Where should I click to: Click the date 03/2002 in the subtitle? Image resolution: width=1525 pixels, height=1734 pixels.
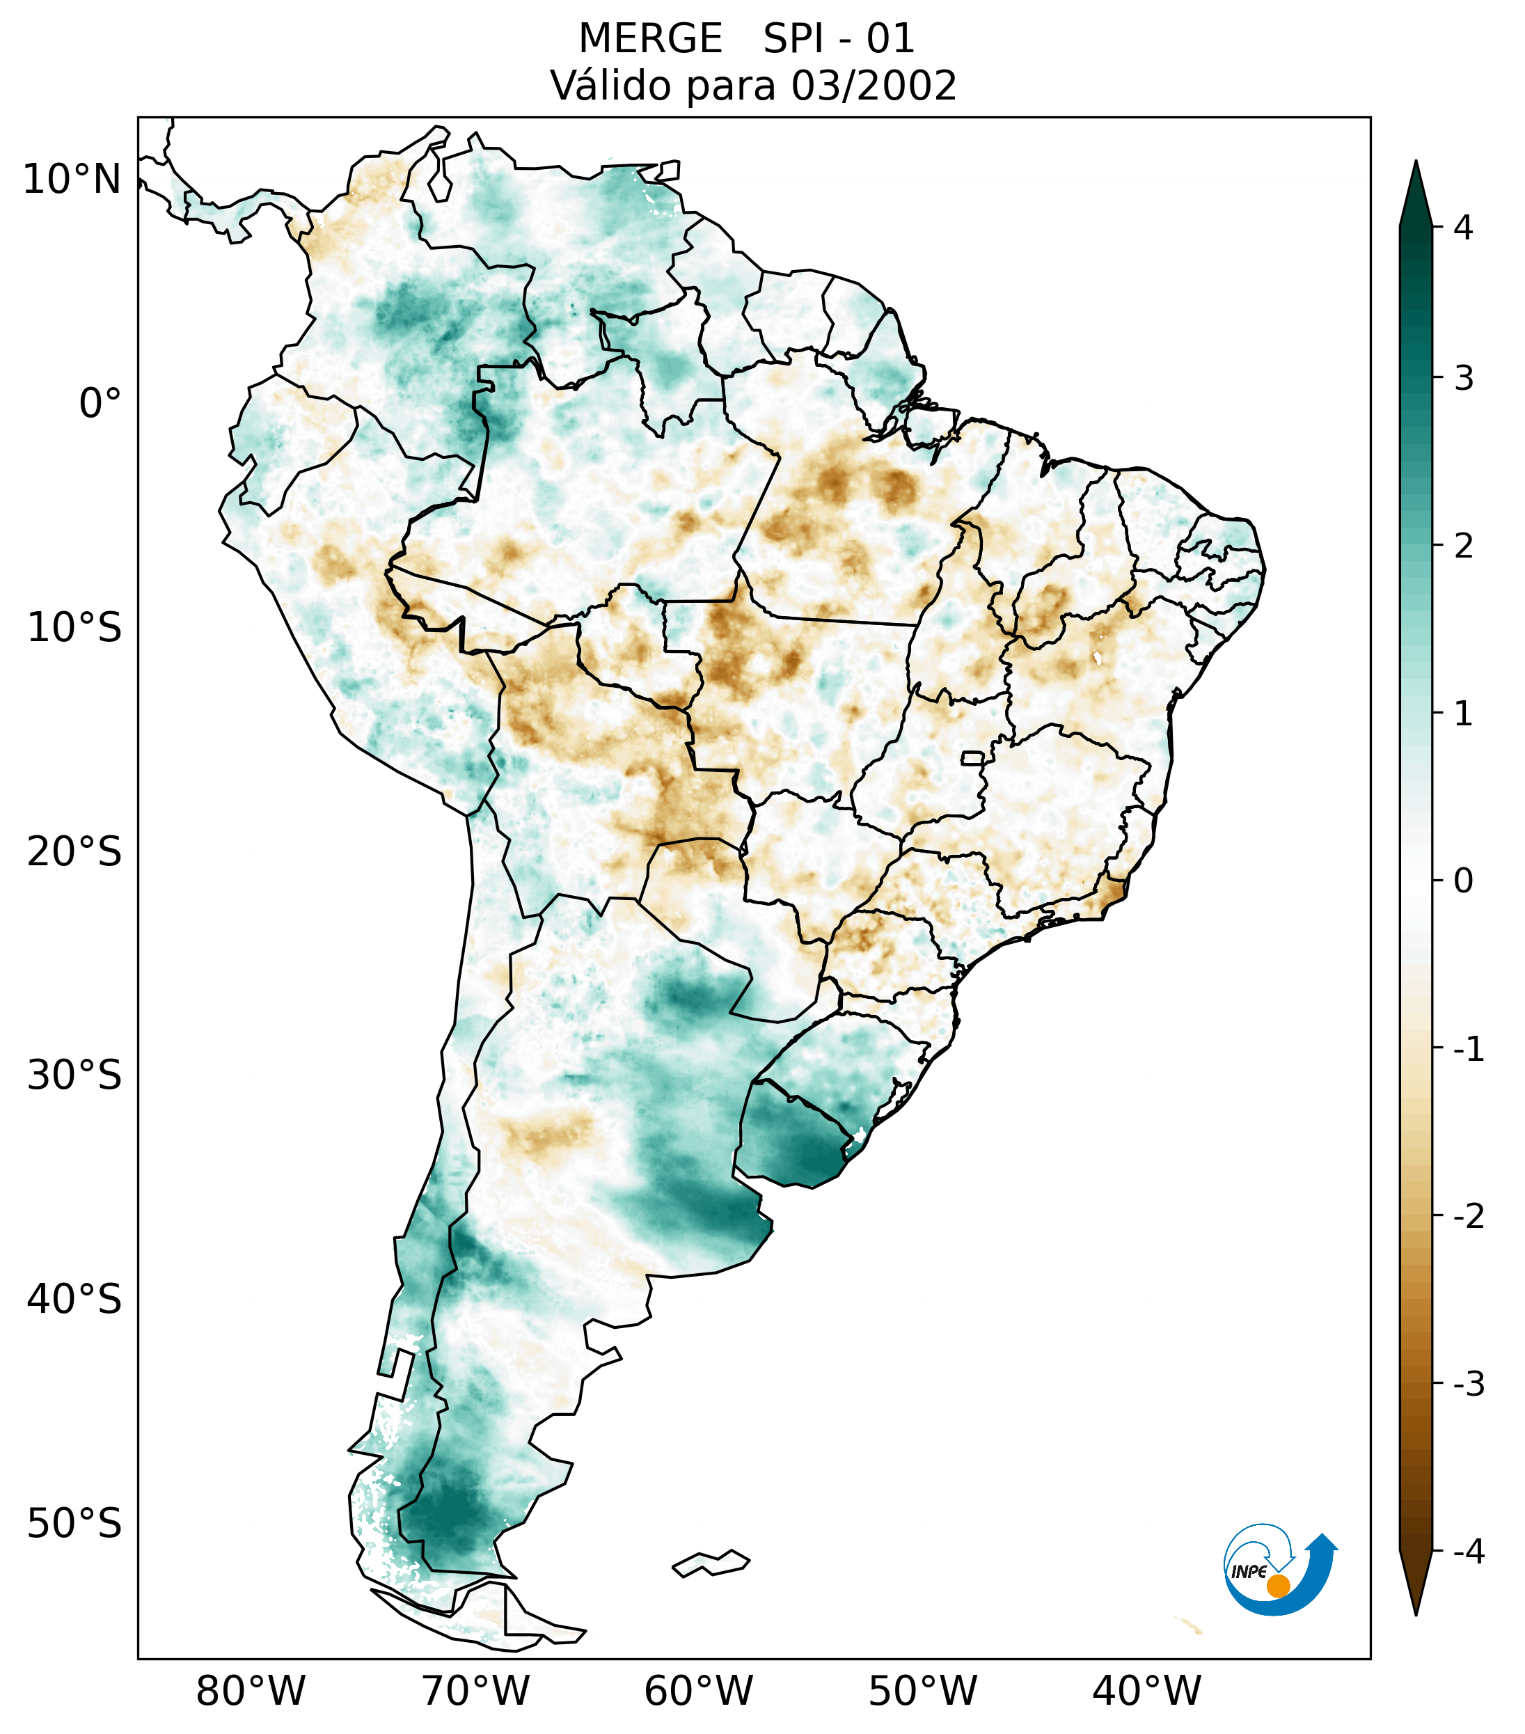tap(874, 86)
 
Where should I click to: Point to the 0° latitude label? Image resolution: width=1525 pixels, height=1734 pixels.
tap(100, 404)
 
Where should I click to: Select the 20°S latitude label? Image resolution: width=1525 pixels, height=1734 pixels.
tap(74, 852)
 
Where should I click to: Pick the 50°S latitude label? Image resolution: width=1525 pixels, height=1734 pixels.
tap(74, 1524)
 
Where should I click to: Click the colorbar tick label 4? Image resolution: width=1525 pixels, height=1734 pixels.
tap(1463, 228)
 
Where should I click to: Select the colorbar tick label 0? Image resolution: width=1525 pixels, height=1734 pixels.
tap(1463, 881)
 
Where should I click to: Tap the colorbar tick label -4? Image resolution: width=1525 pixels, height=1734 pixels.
tap(1468, 1552)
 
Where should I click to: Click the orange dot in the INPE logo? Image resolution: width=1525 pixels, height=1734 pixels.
tap(1277, 1586)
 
